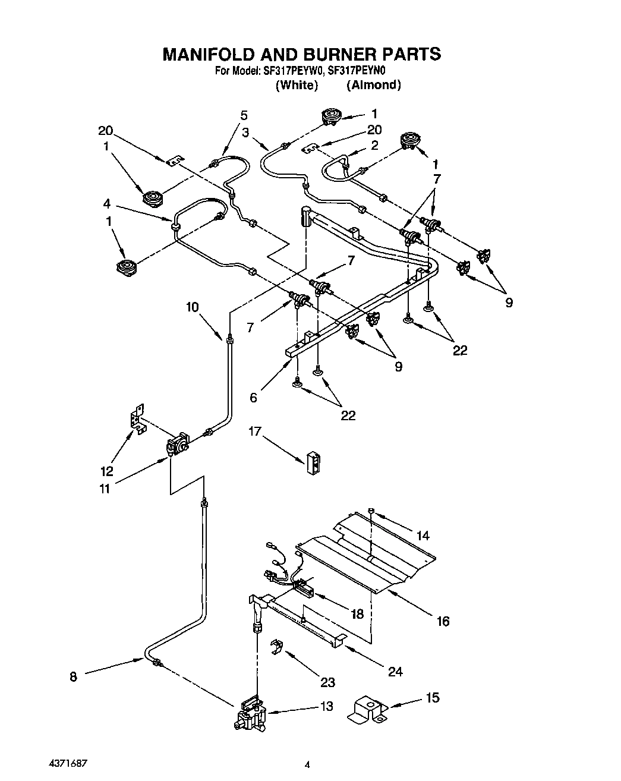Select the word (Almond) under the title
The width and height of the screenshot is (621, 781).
click(x=374, y=85)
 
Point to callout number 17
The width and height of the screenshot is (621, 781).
click(x=255, y=431)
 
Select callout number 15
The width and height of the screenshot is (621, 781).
click(x=433, y=697)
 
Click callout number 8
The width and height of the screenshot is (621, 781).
click(x=73, y=676)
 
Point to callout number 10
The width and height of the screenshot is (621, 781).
click(x=192, y=307)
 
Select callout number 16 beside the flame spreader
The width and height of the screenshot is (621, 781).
click(x=443, y=622)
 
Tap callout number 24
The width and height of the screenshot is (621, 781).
click(x=395, y=672)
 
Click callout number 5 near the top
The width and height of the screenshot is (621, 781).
click(x=244, y=115)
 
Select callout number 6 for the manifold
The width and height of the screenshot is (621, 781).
click(x=254, y=397)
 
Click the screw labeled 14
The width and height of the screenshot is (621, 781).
click(x=370, y=511)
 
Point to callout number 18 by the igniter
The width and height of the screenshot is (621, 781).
click(x=357, y=615)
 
